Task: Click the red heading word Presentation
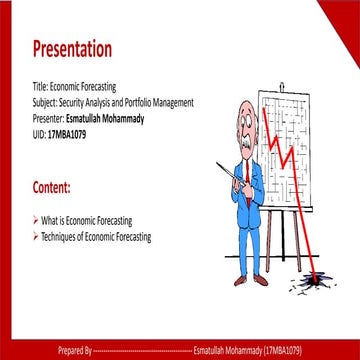coord(72,50)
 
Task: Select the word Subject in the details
coord(47,103)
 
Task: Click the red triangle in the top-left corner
coord(8,8)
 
